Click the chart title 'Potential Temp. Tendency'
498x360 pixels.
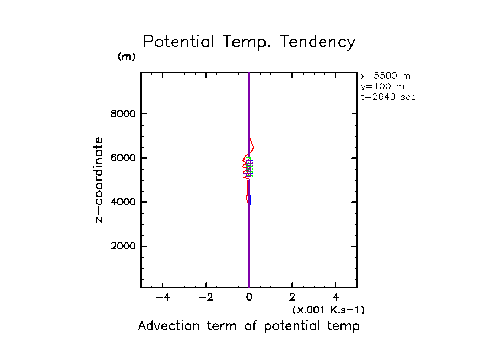tap(249, 42)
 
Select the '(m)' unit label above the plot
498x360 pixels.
tap(126, 57)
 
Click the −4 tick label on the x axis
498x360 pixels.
tap(163, 298)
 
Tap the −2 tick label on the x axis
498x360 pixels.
tap(206, 298)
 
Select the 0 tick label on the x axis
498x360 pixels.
tap(249, 298)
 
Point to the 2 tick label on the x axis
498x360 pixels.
tap(293, 298)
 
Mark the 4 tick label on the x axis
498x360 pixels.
tap(336, 298)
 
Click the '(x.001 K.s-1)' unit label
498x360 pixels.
tap(328, 310)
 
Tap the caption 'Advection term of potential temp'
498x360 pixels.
tap(248, 326)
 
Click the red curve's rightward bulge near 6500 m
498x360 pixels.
tap(253, 146)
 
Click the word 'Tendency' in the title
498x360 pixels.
tap(317, 42)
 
